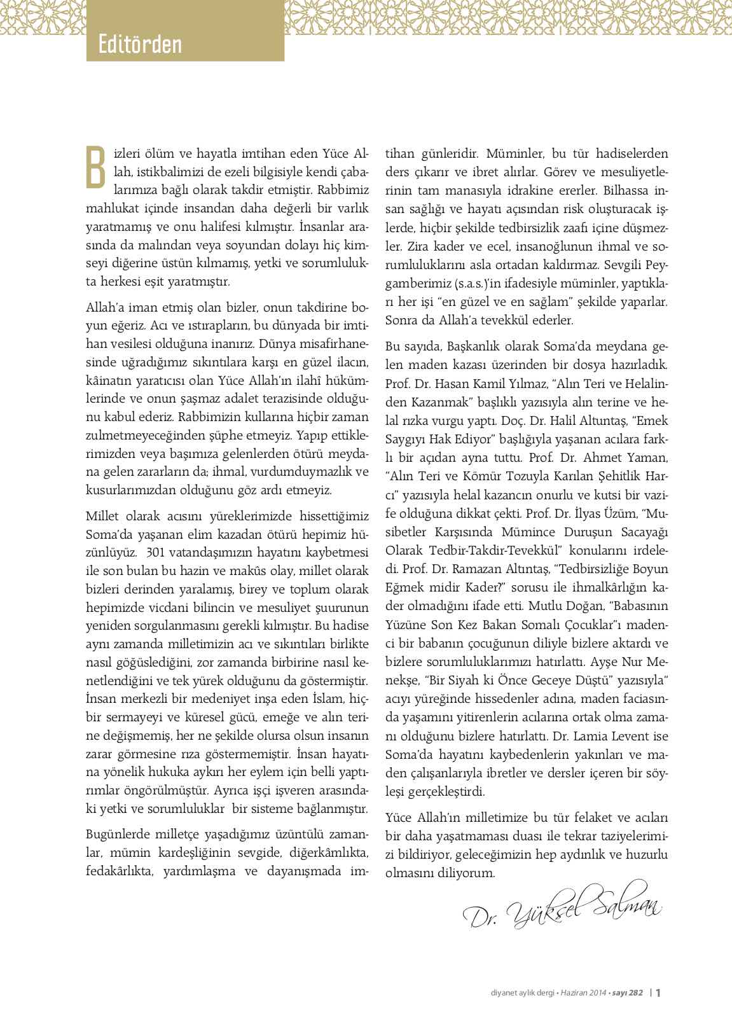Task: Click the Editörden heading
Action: (141, 45)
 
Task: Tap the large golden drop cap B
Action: (96, 167)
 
